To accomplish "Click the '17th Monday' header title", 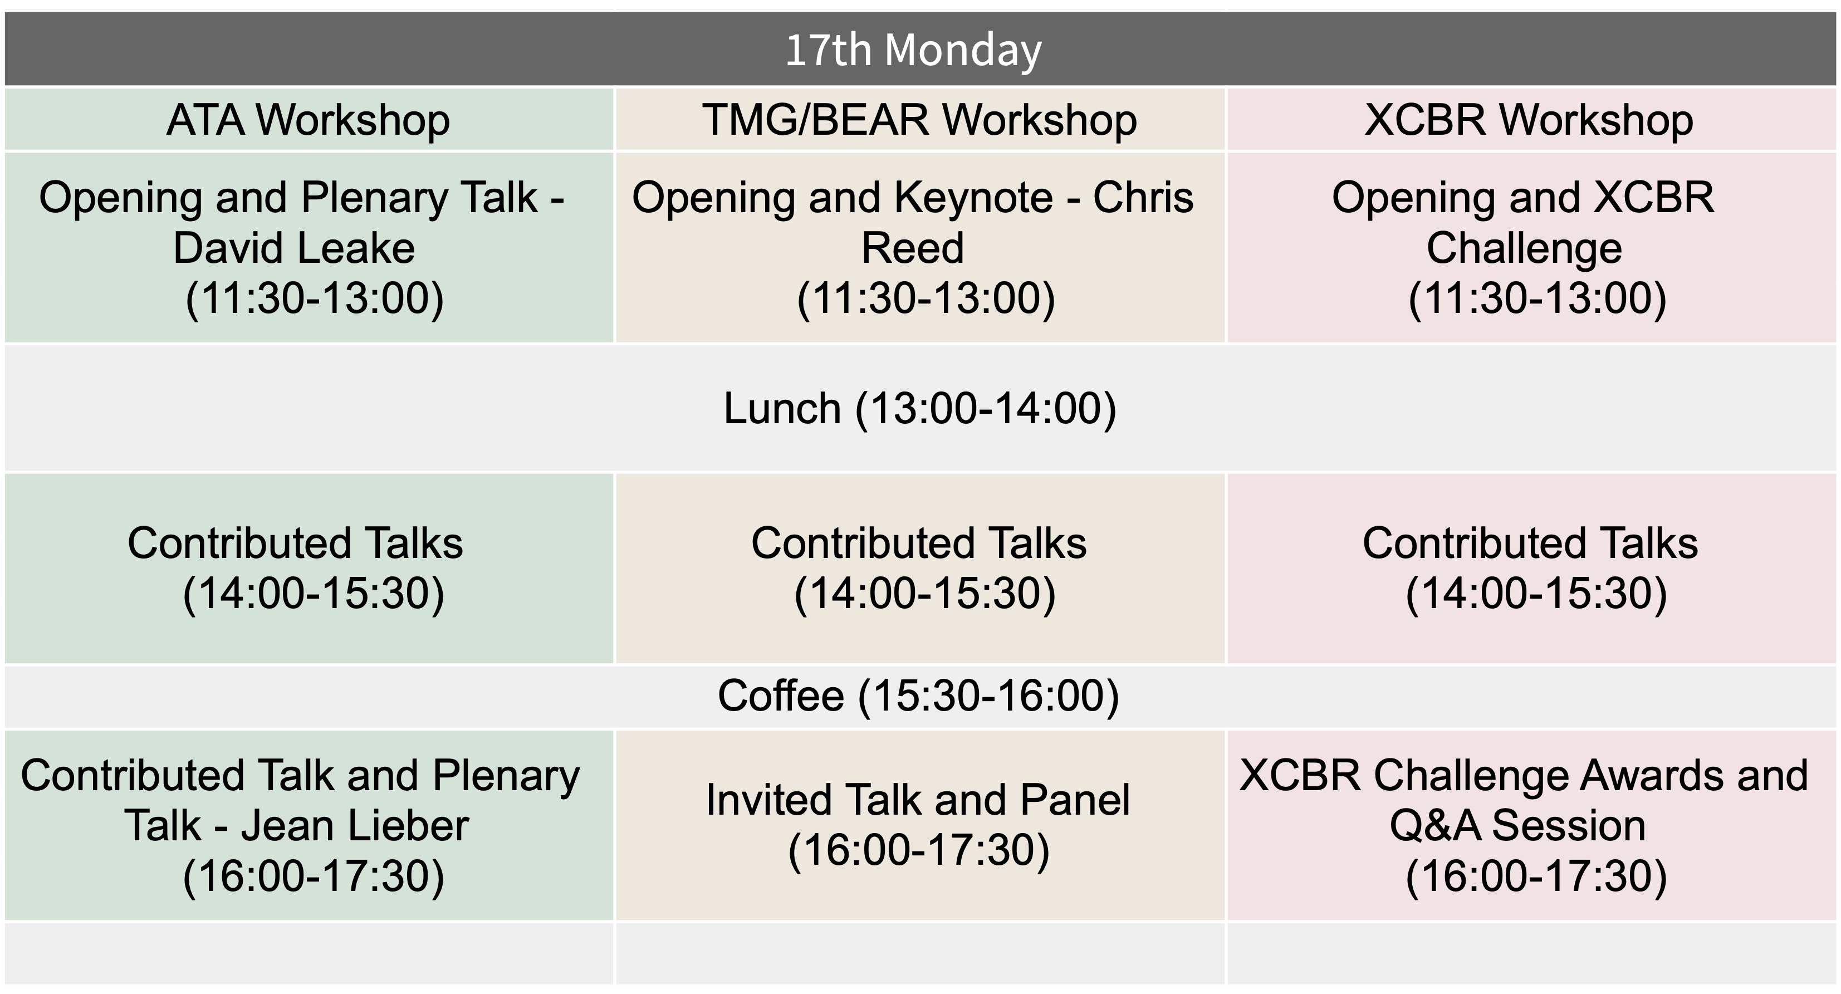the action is pyautogui.click(x=913, y=50).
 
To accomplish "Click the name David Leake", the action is pyautogui.click(x=293, y=248).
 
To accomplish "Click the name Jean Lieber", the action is pyautogui.click(x=355, y=826).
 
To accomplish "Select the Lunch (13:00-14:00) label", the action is pyautogui.click(x=920, y=409).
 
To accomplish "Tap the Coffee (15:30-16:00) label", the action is pyautogui.click(x=918, y=696).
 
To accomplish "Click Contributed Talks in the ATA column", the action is pyautogui.click(x=295, y=543).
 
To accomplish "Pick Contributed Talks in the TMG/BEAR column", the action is pyautogui.click(x=918, y=543).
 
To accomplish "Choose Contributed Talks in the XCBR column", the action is pyautogui.click(x=1530, y=543).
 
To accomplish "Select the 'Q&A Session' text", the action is pyautogui.click(x=1518, y=826).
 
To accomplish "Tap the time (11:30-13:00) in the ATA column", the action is pyautogui.click(x=315, y=298).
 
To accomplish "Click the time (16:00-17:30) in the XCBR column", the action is pyautogui.click(x=1536, y=877).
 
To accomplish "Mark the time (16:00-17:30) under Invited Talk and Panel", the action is pyautogui.click(x=919, y=850).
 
